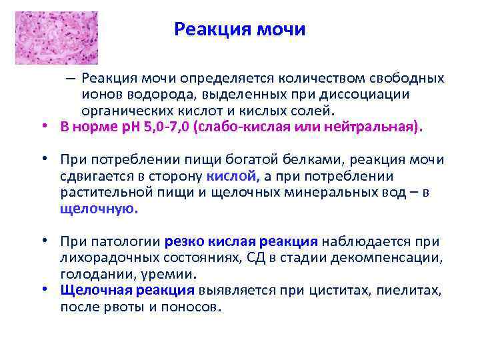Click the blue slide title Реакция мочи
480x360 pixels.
(239, 30)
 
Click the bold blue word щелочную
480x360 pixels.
(98, 208)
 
